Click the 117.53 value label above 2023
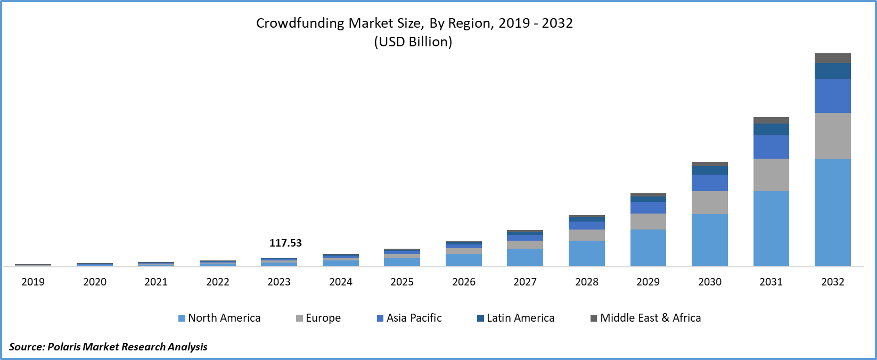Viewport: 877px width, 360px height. point(285,243)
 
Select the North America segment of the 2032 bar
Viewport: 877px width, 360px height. point(833,212)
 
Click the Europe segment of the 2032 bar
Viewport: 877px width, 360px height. point(833,136)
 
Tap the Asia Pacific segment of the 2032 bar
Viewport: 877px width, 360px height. point(833,96)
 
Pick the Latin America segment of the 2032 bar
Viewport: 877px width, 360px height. point(833,71)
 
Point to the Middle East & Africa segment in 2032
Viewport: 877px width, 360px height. point(833,58)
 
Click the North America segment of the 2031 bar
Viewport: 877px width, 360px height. point(771,228)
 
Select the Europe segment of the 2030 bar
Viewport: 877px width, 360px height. point(710,202)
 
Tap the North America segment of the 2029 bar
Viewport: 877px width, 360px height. point(648,248)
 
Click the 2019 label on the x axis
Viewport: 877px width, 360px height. point(33,282)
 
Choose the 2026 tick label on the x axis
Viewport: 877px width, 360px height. point(464,282)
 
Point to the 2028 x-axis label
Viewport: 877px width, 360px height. point(587,282)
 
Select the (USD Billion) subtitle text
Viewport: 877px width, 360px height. point(413,42)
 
